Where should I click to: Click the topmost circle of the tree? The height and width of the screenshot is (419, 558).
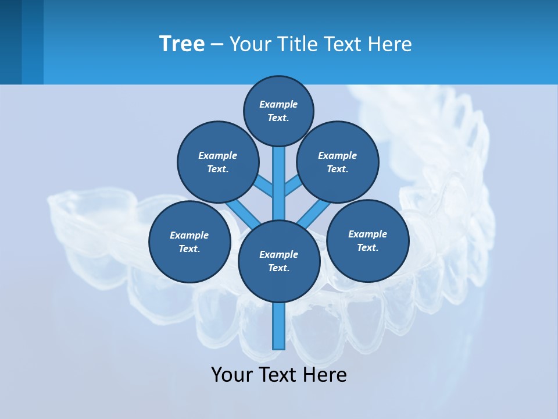[278, 111]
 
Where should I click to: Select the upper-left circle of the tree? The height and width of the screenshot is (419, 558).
[218, 162]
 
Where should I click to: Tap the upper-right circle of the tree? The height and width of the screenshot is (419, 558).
[338, 162]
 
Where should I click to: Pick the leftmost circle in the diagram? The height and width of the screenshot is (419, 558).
[189, 242]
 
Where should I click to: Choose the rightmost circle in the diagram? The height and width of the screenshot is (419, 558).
[368, 240]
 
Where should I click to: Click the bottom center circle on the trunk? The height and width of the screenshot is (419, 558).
[279, 261]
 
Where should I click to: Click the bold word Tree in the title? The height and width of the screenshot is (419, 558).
[182, 44]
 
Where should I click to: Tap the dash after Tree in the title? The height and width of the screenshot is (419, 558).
[217, 44]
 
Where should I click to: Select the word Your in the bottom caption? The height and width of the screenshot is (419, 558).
[233, 375]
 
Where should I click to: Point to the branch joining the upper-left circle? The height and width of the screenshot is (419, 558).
[264, 187]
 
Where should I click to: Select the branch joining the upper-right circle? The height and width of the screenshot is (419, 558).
[292, 187]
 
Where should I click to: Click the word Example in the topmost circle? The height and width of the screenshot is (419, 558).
[278, 105]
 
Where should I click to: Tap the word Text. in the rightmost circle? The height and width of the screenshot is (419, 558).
[368, 247]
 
